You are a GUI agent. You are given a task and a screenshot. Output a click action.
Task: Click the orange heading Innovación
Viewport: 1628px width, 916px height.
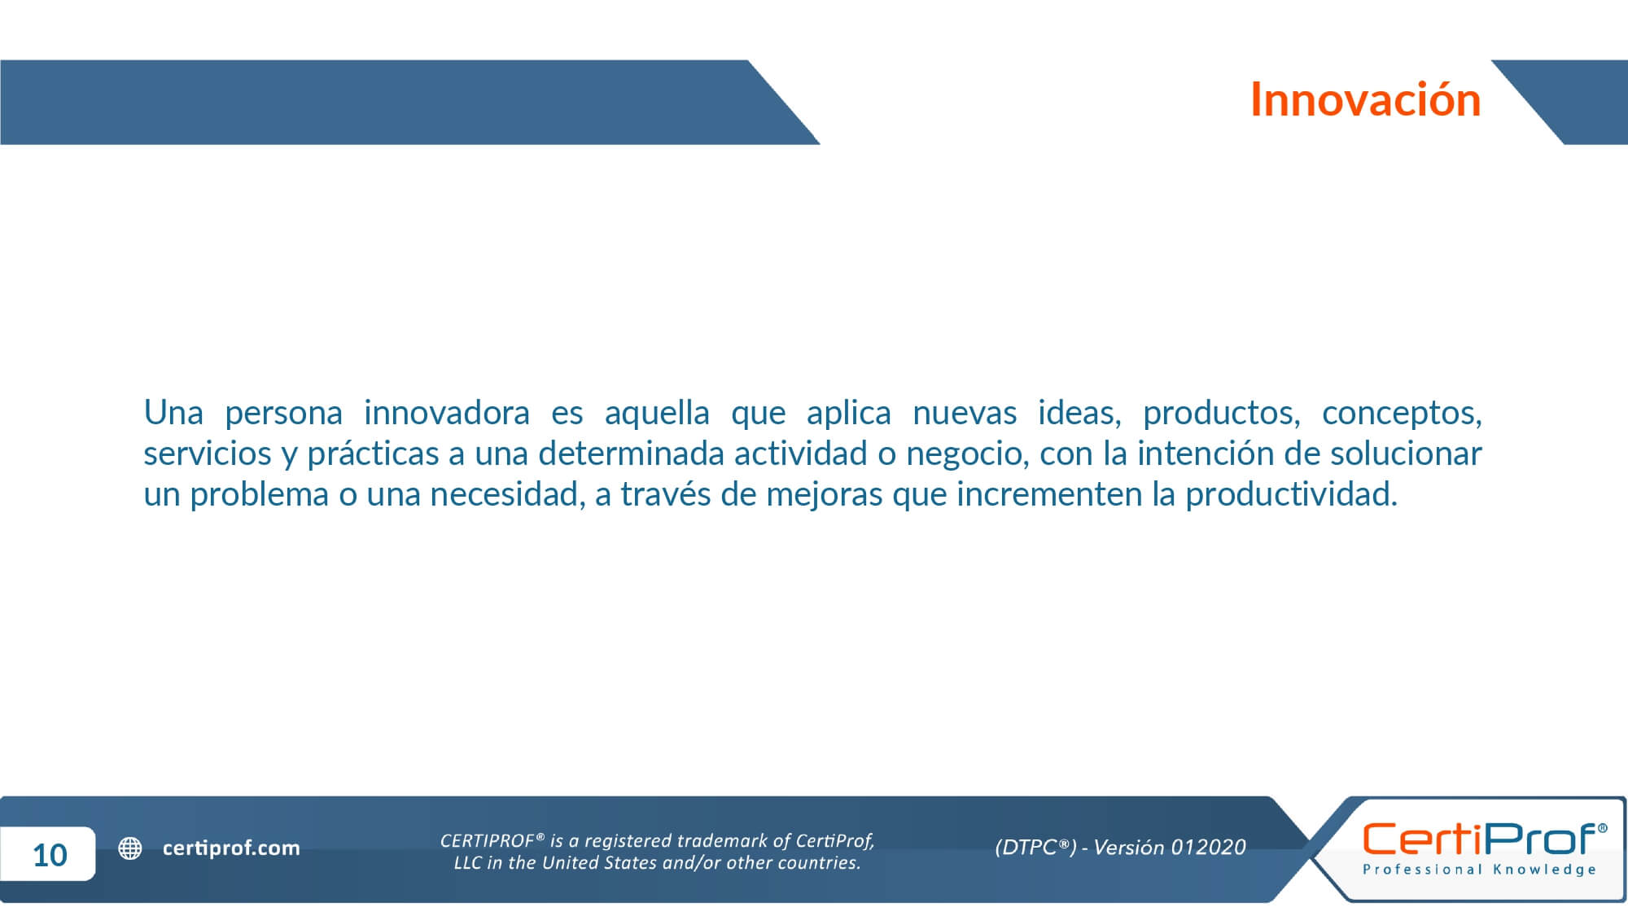(x=1365, y=99)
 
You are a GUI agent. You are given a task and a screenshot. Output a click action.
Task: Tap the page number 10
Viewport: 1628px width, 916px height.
(x=50, y=855)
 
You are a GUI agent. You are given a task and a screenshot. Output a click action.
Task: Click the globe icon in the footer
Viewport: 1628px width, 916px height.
(x=130, y=848)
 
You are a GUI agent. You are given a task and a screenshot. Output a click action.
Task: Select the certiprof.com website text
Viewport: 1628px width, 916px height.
(x=231, y=848)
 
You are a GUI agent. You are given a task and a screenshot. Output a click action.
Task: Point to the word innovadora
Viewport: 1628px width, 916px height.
(x=446, y=413)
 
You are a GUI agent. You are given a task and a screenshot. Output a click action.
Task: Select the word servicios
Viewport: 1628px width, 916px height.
(x=208, y=454)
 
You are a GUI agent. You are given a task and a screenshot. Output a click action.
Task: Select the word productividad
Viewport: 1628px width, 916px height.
(x=1291, y=494)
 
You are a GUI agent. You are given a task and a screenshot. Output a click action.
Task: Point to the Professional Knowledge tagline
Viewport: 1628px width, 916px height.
(x=1480, y=870)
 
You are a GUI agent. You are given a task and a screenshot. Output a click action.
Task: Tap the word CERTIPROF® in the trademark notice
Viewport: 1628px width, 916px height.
(x=492, y=840)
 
